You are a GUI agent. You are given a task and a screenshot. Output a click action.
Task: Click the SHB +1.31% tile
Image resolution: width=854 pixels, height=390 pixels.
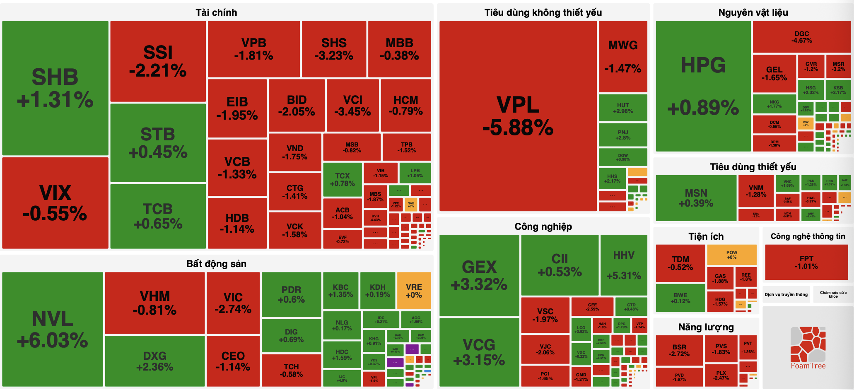coord(55,88)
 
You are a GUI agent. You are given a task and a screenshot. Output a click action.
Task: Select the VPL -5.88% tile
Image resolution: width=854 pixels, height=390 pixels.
coord(518,116)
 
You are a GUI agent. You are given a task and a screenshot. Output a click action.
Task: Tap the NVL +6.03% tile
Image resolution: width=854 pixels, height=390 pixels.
coord(53,329)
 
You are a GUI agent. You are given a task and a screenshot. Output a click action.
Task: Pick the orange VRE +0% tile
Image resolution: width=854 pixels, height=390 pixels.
coord(414,291)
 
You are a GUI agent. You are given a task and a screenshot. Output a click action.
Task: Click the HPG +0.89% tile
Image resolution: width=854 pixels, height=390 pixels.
coord(703,86)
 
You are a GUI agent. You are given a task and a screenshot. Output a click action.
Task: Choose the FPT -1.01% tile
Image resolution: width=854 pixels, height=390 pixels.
coord(806,262)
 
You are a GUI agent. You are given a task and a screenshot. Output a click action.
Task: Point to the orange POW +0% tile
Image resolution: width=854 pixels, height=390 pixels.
coord(731,255)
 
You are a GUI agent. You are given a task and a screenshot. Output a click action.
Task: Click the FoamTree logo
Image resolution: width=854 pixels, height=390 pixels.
coord(808,348)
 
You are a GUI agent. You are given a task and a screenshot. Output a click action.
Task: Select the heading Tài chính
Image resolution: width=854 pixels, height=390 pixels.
coord(216,12)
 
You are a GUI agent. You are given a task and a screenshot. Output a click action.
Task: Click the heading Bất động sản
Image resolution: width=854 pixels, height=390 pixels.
coord(216,264)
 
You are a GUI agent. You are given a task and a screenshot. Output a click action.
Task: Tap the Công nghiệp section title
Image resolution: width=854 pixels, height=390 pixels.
coord(543,226)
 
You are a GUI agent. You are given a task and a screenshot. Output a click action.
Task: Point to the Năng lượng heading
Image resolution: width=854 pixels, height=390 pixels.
coord(706,327)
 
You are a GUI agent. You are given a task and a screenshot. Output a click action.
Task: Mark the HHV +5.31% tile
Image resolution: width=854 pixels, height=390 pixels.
coord(624,265)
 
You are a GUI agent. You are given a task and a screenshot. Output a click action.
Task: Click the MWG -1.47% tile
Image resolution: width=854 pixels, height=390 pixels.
coord(623,56)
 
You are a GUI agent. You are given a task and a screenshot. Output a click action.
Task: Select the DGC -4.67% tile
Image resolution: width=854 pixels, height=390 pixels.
coord(801,37)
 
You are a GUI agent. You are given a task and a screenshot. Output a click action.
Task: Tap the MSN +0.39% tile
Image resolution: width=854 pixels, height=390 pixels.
coord(696,198)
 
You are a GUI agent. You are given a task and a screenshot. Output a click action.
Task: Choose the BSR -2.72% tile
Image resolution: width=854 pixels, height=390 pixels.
coord(679,350)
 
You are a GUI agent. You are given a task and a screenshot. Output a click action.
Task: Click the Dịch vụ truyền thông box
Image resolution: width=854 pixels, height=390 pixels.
coord(786,294)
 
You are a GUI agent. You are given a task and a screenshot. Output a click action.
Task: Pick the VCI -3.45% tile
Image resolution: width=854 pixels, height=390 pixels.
coord(352,105)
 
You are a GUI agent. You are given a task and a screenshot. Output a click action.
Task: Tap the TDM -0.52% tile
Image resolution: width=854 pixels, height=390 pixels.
coord(680,263)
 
